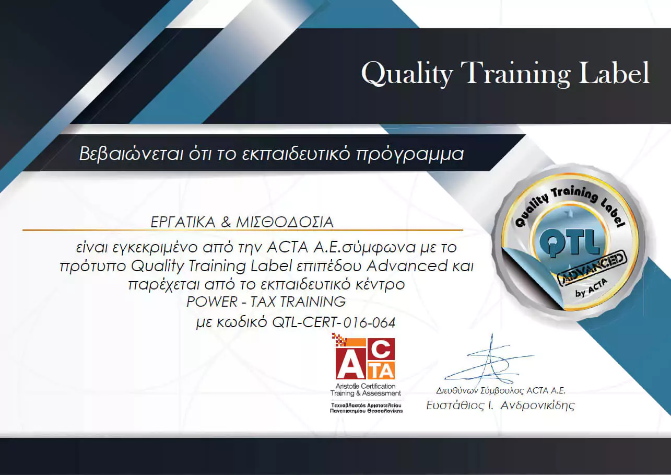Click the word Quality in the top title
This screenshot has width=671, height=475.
(407, 74)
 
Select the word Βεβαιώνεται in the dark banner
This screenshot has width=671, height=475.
(131, 154)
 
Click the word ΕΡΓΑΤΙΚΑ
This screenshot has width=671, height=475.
(183, 222)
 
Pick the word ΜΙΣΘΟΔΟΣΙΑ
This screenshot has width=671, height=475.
(285, 222)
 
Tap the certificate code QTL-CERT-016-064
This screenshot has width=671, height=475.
(334, 322)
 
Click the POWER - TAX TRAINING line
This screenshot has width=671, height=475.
(266, 302)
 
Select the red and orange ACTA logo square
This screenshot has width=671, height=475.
(365, 358)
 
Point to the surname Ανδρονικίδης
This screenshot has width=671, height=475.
(538, 405)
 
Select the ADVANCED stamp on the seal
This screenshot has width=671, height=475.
(592, 268)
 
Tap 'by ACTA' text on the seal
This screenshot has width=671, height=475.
(591, 288)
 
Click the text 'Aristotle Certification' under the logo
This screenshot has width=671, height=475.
(366, 386)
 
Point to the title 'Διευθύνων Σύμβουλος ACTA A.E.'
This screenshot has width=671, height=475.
(501, 390)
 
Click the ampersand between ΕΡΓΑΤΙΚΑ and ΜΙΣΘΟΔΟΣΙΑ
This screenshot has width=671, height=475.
(226, 222)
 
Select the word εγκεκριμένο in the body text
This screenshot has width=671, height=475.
(155, 248)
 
